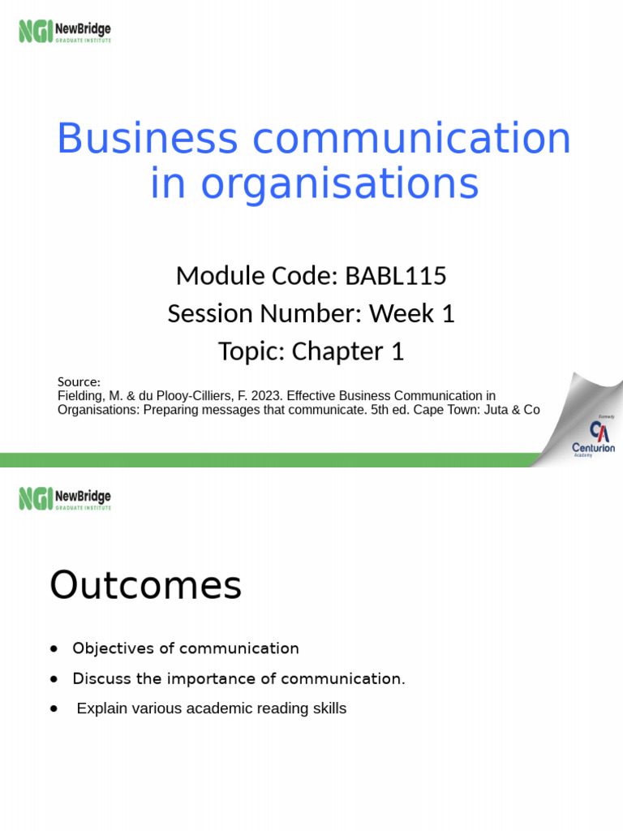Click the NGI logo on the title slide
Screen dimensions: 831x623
(x=64, y=32)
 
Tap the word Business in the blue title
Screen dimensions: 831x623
(x=147, y=139)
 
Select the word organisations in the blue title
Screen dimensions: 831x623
(x=340, y=184)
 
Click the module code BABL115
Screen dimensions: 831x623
(x=396, y=276)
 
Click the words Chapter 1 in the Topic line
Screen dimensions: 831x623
(x=347, y=351)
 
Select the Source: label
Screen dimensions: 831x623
(x=79, y=382)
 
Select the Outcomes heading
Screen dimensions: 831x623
(x=146, y=585)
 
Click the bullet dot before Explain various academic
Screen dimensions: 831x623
(x=54, y=708)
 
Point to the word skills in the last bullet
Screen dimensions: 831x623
(x=328, y=708)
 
